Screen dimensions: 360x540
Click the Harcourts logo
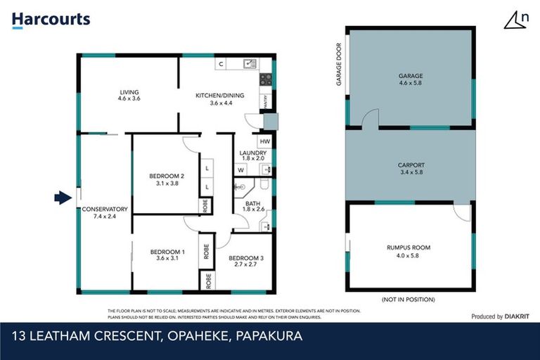coord(51,20)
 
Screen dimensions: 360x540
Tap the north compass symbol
coord(516,20)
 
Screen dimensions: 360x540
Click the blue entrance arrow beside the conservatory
coord(63,198)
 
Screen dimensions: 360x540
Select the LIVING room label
coord(129,92)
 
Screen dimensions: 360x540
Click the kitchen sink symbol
coord(249,64)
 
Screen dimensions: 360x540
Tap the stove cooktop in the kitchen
coord(265,79)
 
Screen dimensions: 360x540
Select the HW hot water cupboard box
coord(264,141)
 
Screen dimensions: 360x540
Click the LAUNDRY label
coord(252,153)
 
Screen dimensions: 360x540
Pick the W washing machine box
coord(240,169)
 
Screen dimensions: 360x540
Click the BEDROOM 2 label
coord(167,176)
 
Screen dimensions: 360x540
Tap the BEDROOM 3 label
coord(246,259)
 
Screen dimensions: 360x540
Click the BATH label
coord(252,203)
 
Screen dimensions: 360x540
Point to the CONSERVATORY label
coord(104,209)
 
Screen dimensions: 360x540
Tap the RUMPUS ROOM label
coord(408,247)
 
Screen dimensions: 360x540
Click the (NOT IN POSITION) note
coord(408,300)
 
